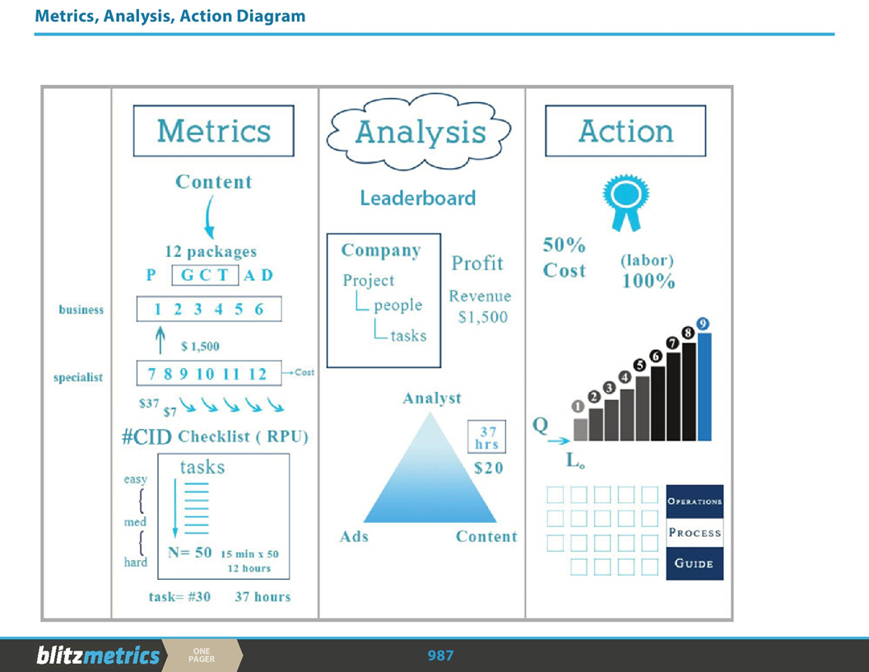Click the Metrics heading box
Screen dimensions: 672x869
click(x=213, y=131)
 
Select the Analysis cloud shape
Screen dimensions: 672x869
click(x=420, y=132)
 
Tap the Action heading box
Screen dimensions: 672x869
click(x=625, y=131)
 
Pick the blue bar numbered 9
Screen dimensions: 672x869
click(x=704, y=385)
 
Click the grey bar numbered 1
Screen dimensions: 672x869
click(x=580, y=428)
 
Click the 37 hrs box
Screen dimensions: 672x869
click(x=487, y=437)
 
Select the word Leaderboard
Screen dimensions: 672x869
click(x=417, y=198)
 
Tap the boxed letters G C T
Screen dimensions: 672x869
click(x=205, y=275)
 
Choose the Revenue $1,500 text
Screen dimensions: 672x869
click(x=480, y=306)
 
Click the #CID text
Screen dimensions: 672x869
click(x=146, y=436)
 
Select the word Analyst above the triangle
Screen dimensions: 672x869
click(x=431, y=399)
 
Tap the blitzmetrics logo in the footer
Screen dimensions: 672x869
click(x=98, y=656)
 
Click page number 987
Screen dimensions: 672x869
click(x=440, y=656)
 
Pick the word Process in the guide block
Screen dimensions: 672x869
click(x=695, y=533)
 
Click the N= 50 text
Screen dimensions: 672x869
click(x=190, y=553)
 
